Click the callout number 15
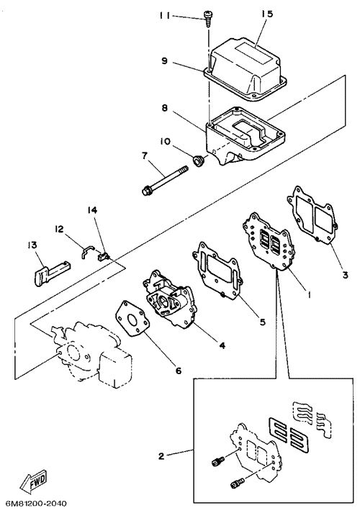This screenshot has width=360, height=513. click(266, 14)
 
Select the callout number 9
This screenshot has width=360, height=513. click(164, 61)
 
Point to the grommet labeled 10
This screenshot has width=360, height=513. click(198, 161)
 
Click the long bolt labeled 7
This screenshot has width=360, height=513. click(166, 181)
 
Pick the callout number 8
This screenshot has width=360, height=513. click(165, 108)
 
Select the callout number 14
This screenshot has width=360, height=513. click(92, 209)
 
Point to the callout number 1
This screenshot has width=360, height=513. click(308, 294)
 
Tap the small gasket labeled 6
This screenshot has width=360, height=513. click(132, 319)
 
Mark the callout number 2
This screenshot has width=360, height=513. click(161, 455)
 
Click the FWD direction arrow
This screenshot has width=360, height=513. click(34, 482)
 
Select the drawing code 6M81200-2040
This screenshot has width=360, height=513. click(33, 503)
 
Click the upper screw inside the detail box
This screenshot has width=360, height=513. click(217, 462)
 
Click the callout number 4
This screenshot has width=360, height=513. click(222, 345)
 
